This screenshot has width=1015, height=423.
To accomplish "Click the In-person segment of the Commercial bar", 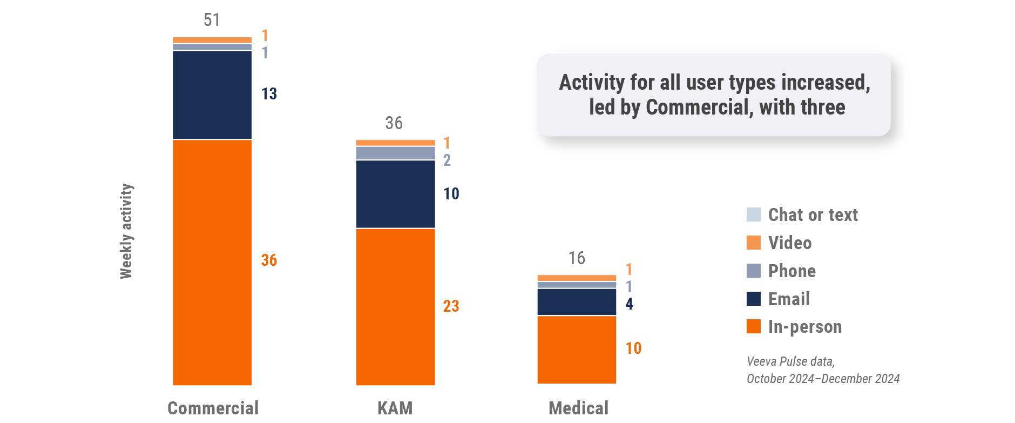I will (x=212, y=262).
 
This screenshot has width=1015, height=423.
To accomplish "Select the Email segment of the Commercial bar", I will (x=212, y=95).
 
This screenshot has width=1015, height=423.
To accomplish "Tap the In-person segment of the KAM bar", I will (x=395, y=306).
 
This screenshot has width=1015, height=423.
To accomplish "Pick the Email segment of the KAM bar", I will (x=395, y=194).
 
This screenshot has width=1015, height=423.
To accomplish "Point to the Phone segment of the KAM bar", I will (x=395, y=153).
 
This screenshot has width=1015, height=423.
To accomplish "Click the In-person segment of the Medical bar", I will (x=577, y=350).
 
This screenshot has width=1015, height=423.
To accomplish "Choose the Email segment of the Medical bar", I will (x=577, y=302).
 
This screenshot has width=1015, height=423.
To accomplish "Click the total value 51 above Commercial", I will (x=212, y=20).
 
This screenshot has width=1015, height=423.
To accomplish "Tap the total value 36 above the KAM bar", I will (x=394, y=123).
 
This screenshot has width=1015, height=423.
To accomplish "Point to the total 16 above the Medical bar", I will (x=577, y=258).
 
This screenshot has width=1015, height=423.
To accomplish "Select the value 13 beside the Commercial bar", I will (x=269, y=94).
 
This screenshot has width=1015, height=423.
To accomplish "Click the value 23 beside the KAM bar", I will (x=451, y=306).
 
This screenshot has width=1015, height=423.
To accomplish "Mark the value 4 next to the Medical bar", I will (x=629, y=304).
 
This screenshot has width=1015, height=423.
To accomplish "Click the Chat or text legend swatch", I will (x=754, y=214).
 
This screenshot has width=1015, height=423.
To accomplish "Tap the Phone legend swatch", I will (x=754, y=271).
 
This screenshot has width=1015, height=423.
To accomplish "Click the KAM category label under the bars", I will (x=395, y=408).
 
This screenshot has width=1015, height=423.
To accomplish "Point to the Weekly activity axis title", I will (x=126, y=231).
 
